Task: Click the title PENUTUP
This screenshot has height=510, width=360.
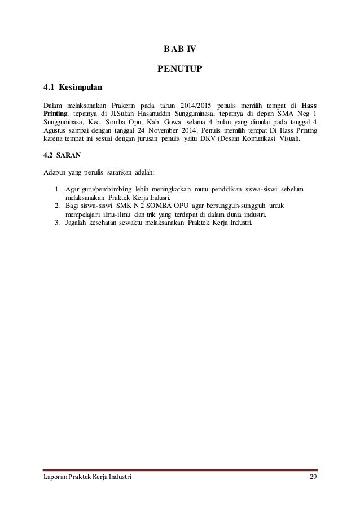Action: coord(179,70)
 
